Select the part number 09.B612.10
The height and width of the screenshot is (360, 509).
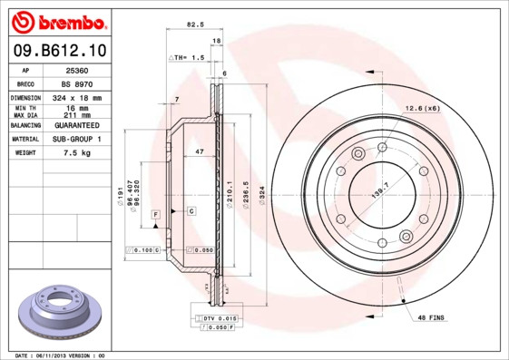[x=58, y=52]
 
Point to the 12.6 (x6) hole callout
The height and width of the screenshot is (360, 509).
[x=421, y=109]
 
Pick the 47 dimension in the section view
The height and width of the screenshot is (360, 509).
[x=198, y=152]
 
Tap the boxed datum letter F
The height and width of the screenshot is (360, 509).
[x=156, y=213]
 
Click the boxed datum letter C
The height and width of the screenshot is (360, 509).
[x=192, y=210]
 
